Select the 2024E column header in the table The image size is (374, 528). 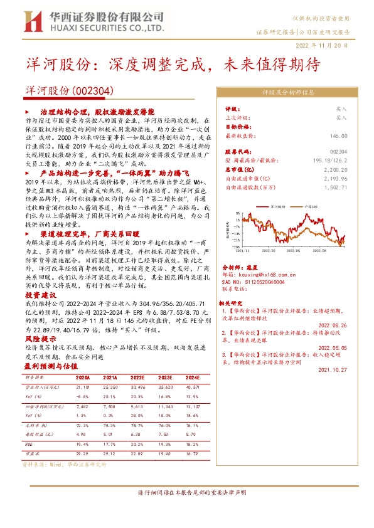click(192, 378)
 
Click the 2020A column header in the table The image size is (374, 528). click(83, 378)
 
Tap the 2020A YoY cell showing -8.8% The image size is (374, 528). click(83, 396)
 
